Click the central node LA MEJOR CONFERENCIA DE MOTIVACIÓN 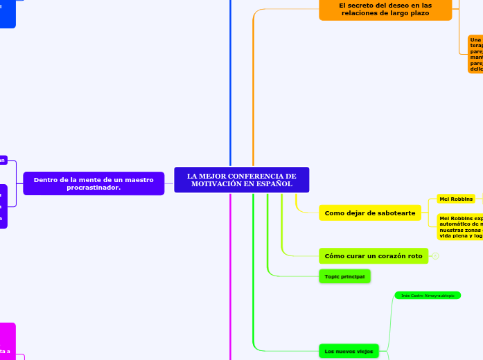[241, 180]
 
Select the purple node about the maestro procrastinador [94, 183]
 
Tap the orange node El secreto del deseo [385, 9]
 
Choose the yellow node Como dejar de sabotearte [370, 213]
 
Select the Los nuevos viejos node [349, 351]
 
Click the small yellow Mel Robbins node [456, 199]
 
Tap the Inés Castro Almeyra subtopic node [428, 296]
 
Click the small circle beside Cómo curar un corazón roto [436, 256]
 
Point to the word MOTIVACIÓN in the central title [218, 184]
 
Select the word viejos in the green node [360, 351]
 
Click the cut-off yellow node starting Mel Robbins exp [460, 226]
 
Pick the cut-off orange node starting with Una [475, 54]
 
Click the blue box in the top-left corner [7, 14]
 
